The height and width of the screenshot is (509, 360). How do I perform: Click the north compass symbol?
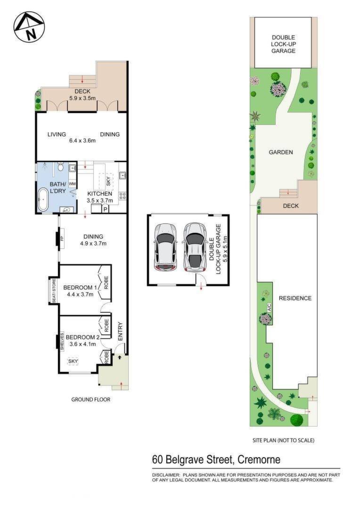[29, 27]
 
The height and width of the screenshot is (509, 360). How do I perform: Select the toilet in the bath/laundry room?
[60, 167]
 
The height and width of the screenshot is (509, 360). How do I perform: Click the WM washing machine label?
[73, 184]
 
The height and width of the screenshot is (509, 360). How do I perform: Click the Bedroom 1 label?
[80, 287]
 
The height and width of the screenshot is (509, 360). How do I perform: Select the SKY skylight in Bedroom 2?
[73, 361]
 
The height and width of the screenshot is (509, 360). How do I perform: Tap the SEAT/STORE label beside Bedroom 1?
[54, 290]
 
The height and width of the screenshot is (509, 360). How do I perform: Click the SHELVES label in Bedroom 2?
[62, 341]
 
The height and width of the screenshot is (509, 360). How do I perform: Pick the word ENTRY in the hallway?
[120, 331]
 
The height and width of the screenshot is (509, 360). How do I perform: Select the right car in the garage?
[195, 246]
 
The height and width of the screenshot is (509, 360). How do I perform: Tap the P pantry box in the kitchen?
[105, 209]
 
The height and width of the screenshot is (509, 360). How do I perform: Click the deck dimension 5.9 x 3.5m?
[82, 98]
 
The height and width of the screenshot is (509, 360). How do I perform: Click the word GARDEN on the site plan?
[281, 152]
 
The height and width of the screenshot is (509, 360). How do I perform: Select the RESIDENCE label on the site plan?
[295, 298]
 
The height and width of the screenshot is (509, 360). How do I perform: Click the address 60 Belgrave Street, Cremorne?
[216, 460]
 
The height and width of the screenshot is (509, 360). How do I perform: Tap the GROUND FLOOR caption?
[90, 399]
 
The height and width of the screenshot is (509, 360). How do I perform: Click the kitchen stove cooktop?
[123, 196]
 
